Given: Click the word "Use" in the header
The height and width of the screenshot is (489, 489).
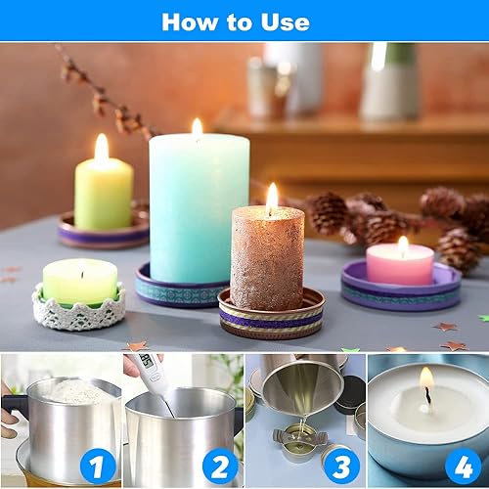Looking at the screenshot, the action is tap(285, 22).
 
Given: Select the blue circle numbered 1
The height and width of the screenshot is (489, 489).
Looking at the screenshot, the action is tap(98, 467).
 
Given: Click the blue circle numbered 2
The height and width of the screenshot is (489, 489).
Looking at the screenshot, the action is tap(220, 467).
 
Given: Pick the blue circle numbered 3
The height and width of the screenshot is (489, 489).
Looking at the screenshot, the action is tap(342, 467).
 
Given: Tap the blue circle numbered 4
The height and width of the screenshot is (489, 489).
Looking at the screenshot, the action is tap(464, 467).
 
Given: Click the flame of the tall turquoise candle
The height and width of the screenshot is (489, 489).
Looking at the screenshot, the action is tap(198, 128).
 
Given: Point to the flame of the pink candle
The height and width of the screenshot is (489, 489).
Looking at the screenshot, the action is tap(403, 245).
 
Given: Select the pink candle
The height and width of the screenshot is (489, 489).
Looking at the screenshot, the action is tap(400, 264).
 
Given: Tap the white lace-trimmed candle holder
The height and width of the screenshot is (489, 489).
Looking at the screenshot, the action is tap(79, 308).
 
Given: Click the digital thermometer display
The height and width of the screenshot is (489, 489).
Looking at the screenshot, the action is tap(146, 362).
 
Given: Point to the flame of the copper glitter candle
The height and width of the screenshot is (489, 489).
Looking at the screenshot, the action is tap(272, 199).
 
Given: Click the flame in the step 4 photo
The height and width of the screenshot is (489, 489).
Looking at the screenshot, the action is tap(427, 379).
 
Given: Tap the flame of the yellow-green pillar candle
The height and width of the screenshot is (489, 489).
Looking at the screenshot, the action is tap(102, 149).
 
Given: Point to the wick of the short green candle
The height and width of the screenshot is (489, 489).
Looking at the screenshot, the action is tap(82, 275).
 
